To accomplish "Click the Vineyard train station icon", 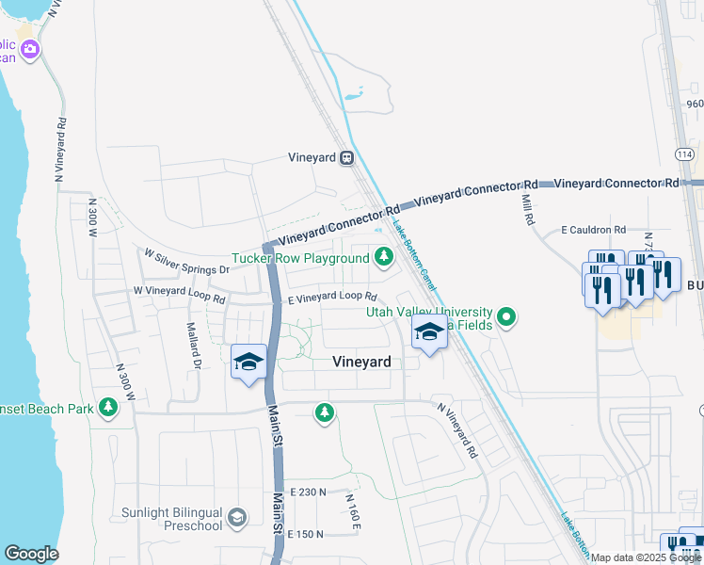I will pos(347,158).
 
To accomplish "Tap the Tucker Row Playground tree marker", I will pos(384,256).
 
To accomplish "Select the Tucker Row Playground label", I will pos(301,258).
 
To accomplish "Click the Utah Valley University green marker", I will pos(507,316).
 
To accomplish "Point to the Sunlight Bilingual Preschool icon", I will pos(236,516).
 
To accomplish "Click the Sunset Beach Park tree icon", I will pos(110,407).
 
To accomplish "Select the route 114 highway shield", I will pos(684,153).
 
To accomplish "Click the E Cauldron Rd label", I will pos(593,230).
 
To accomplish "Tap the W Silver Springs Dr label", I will pos(186,261).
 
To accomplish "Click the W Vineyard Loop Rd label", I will pos(179,295).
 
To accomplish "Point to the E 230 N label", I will pos(308,492).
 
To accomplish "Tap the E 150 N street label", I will pos(306,534).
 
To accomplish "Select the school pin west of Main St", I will pos(249,363).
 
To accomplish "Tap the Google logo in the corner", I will pos(30,554).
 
